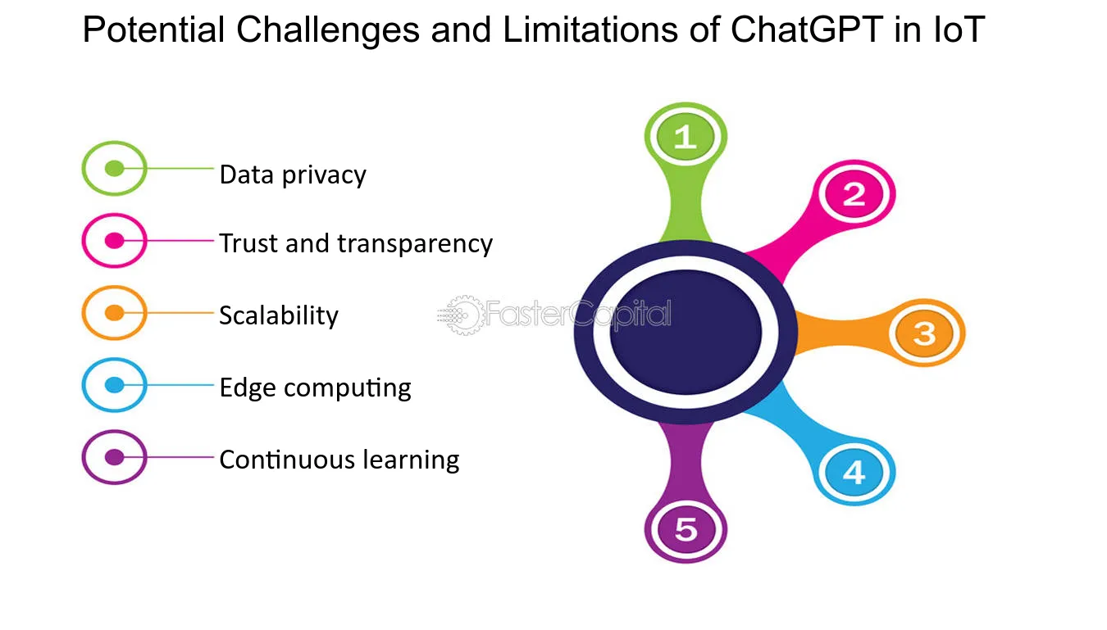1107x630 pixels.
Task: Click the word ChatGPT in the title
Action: (807, 29)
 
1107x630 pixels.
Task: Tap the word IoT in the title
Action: (959, 29)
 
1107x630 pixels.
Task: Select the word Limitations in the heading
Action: (590, 29)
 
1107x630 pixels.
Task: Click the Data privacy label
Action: (293, 175)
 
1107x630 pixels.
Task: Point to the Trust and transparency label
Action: (356, 243)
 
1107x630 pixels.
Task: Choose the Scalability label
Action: (279, 315)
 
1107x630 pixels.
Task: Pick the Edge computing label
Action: (316, 388)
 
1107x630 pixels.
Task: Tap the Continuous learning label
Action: (339, 460)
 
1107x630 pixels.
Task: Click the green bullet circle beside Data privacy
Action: (114, 169)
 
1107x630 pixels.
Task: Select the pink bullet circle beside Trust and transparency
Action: (114, 240)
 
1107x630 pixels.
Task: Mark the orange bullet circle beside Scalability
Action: (114, 312)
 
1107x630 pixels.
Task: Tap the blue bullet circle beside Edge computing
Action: (114, 384)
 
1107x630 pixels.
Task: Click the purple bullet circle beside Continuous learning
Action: (114, 457)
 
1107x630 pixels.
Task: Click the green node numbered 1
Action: (686, 136)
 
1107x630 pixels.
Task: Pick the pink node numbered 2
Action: (854, 193)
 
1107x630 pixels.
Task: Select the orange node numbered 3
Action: (924, 333)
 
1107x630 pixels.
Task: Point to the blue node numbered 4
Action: (854, 472)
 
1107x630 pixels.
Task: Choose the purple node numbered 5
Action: (686, 529)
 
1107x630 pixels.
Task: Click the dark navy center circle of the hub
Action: (686, 333)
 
